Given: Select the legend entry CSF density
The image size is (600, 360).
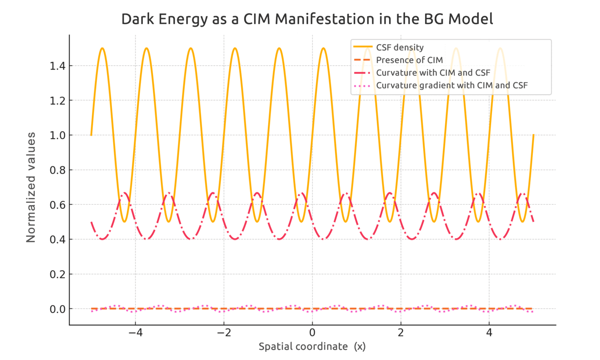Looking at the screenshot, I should (x=400, y=48).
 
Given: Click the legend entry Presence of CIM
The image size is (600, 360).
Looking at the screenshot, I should (x=409, y=60).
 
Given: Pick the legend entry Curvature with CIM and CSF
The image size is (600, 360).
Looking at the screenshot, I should (x=433, y=73).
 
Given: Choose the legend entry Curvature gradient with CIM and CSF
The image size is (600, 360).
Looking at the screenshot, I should (x=452, y=86).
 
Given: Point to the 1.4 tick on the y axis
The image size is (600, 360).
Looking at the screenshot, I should (x=58, y=66).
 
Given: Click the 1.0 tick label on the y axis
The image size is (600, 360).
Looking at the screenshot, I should (x=58, y=135).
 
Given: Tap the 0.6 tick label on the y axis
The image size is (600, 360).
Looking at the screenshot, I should (x=58, y=205).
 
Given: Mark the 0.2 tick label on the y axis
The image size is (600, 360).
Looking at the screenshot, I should (x=58, y=274).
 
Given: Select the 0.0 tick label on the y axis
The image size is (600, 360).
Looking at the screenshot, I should (x=58, y=309).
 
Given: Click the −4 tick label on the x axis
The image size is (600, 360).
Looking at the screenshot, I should (x=135, y=333).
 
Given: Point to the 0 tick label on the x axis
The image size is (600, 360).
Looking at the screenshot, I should (x=312, y=333).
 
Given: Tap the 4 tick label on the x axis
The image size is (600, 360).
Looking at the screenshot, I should (x=489, y=333).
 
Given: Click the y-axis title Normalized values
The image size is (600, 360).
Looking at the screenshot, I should (x=31, y=187).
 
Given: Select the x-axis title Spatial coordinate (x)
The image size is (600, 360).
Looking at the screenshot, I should (x=312, y=346).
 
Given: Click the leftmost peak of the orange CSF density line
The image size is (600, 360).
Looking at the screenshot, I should (x=102, y=48).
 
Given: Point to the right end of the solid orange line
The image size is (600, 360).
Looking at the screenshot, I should (x=533, y=135).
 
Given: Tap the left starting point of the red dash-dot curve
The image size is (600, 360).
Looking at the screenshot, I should (x=92, y=222).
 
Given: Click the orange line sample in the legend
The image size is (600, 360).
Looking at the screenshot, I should (x=363, y=47).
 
